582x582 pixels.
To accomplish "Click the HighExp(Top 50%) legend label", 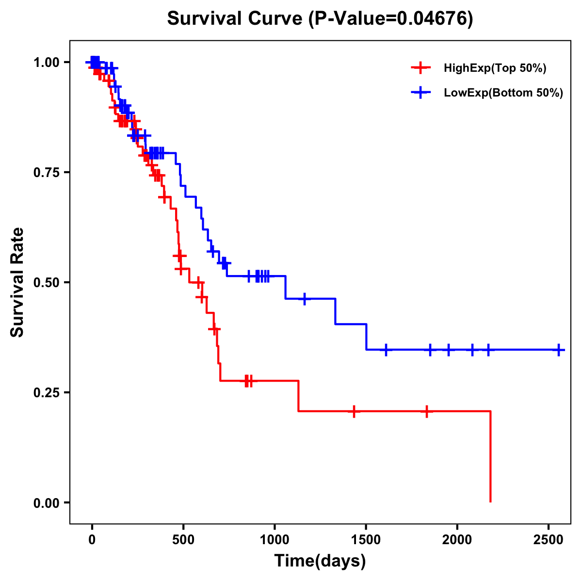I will coord(495,68).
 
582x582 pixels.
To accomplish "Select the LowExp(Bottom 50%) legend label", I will coord(503,93).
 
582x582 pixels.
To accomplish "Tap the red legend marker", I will coord(421,68).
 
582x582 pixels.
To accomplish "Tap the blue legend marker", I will coord(421,92).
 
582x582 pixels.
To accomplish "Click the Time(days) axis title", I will coord(320,561).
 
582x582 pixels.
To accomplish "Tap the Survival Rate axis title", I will coord(17,282).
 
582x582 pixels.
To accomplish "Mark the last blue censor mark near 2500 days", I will coord(559,350).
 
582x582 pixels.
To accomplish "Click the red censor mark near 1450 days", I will coord(354,411).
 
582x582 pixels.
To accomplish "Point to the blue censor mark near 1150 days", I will coord(305,299).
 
